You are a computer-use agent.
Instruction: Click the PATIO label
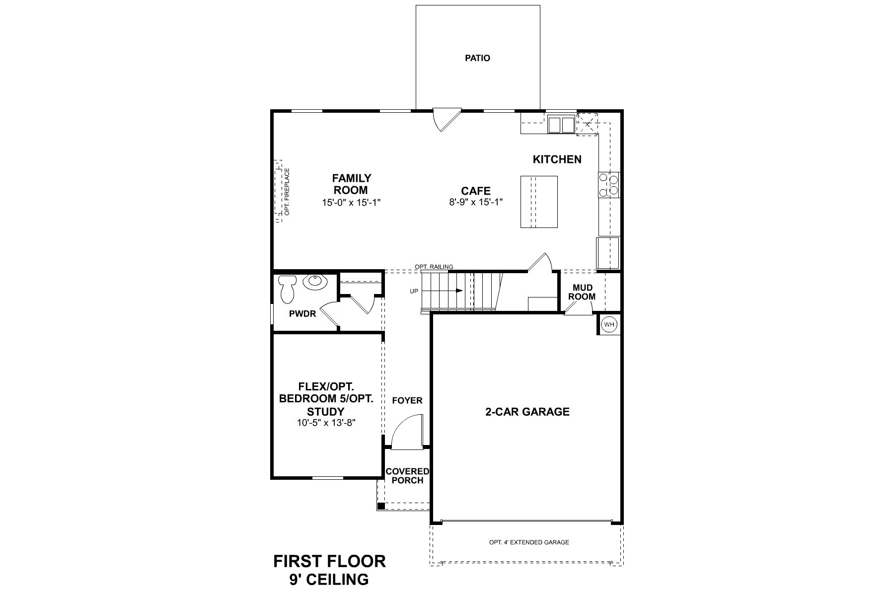click(477, 58)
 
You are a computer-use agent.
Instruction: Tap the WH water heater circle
click(609, 325)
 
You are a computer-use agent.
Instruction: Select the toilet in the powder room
click(287, 289)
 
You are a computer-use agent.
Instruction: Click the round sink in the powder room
click(315, 282)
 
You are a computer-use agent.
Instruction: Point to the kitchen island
click(539, 202)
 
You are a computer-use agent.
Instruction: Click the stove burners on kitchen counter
click(609, 185)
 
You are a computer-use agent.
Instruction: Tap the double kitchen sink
click(561, 124)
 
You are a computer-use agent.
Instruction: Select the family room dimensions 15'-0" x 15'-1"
click(352, 202)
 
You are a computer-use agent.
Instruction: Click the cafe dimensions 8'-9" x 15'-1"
click(476, 202)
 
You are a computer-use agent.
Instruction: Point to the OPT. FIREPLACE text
click(287, 191)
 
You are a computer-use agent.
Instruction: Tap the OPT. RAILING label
click(434, 267)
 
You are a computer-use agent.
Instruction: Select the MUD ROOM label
click(582, 292)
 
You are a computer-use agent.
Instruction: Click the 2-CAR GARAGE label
click(527, 412)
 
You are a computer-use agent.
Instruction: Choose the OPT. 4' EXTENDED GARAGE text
click(529, 542)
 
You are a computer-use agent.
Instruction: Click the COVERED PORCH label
click(407, 476)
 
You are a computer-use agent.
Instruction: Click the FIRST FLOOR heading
click(329, 562)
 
